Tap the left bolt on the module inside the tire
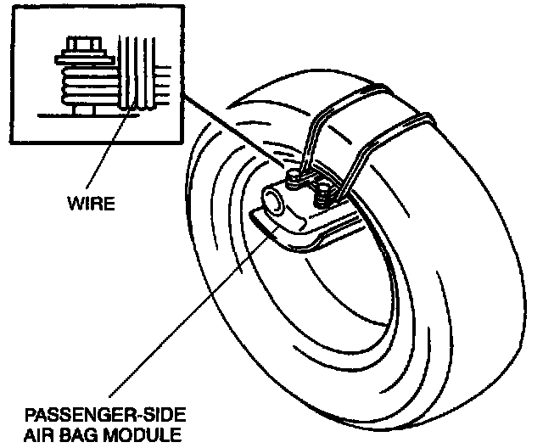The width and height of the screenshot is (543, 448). point(294,179)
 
